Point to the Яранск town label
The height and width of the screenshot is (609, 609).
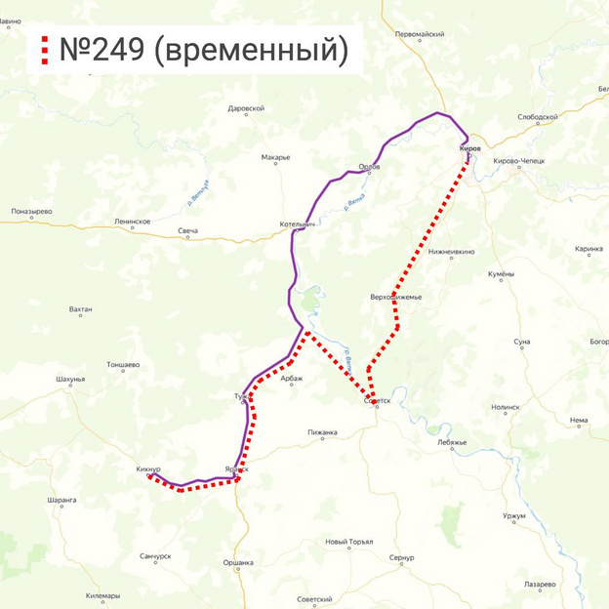[x=236, y=468]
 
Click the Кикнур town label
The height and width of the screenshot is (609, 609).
[x=148, y=469]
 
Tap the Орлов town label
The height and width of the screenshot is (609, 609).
[x=370, y=167]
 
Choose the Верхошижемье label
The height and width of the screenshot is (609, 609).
[x=395, y=297]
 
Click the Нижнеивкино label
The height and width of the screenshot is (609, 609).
[x=451, y=252]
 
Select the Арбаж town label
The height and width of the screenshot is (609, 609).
[x=292, y=380]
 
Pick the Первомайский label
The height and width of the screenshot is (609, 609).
[x=420, y=34]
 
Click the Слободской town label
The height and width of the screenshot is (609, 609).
[x=538, y=117]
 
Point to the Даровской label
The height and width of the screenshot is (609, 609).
[x=246, y=108]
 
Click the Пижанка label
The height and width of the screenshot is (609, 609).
[x=322, y=432]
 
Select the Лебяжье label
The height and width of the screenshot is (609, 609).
[x=452, y=442]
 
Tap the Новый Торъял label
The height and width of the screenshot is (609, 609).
[x=349, y=542]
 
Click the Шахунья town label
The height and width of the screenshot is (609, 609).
[x=71, y=379]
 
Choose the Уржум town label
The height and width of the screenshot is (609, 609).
[x=514, y=515]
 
